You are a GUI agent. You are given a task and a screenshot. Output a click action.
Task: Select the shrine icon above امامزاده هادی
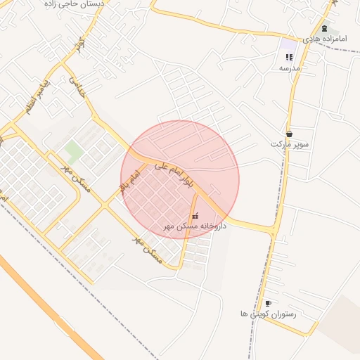point(323,29)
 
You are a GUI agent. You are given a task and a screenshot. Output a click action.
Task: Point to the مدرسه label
point(290,68)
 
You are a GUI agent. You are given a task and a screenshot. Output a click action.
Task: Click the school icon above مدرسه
point(289,58)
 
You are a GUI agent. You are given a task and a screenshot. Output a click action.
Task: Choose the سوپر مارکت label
point(290,144)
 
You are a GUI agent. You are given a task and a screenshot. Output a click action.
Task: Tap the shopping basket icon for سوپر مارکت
point(289,134)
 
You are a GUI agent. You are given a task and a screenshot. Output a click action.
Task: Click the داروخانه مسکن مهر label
point(195,226)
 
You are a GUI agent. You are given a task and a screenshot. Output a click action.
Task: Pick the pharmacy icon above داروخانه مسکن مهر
point(195,215)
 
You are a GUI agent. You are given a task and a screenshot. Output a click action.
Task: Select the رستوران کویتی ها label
point(268,314)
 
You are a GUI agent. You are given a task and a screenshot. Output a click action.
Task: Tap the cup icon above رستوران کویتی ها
point(268,303)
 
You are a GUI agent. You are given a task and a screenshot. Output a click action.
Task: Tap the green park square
point(73,149)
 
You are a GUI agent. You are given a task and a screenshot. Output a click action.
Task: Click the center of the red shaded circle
point(180,179)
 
